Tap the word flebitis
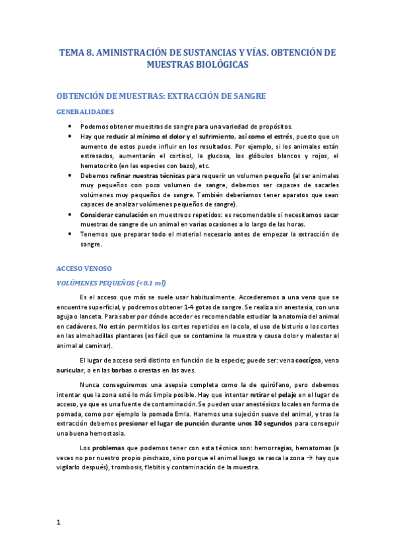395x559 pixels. coord(139,467)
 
